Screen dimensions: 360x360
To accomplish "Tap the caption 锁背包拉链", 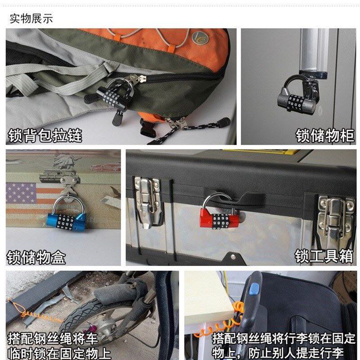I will coord(45,135).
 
